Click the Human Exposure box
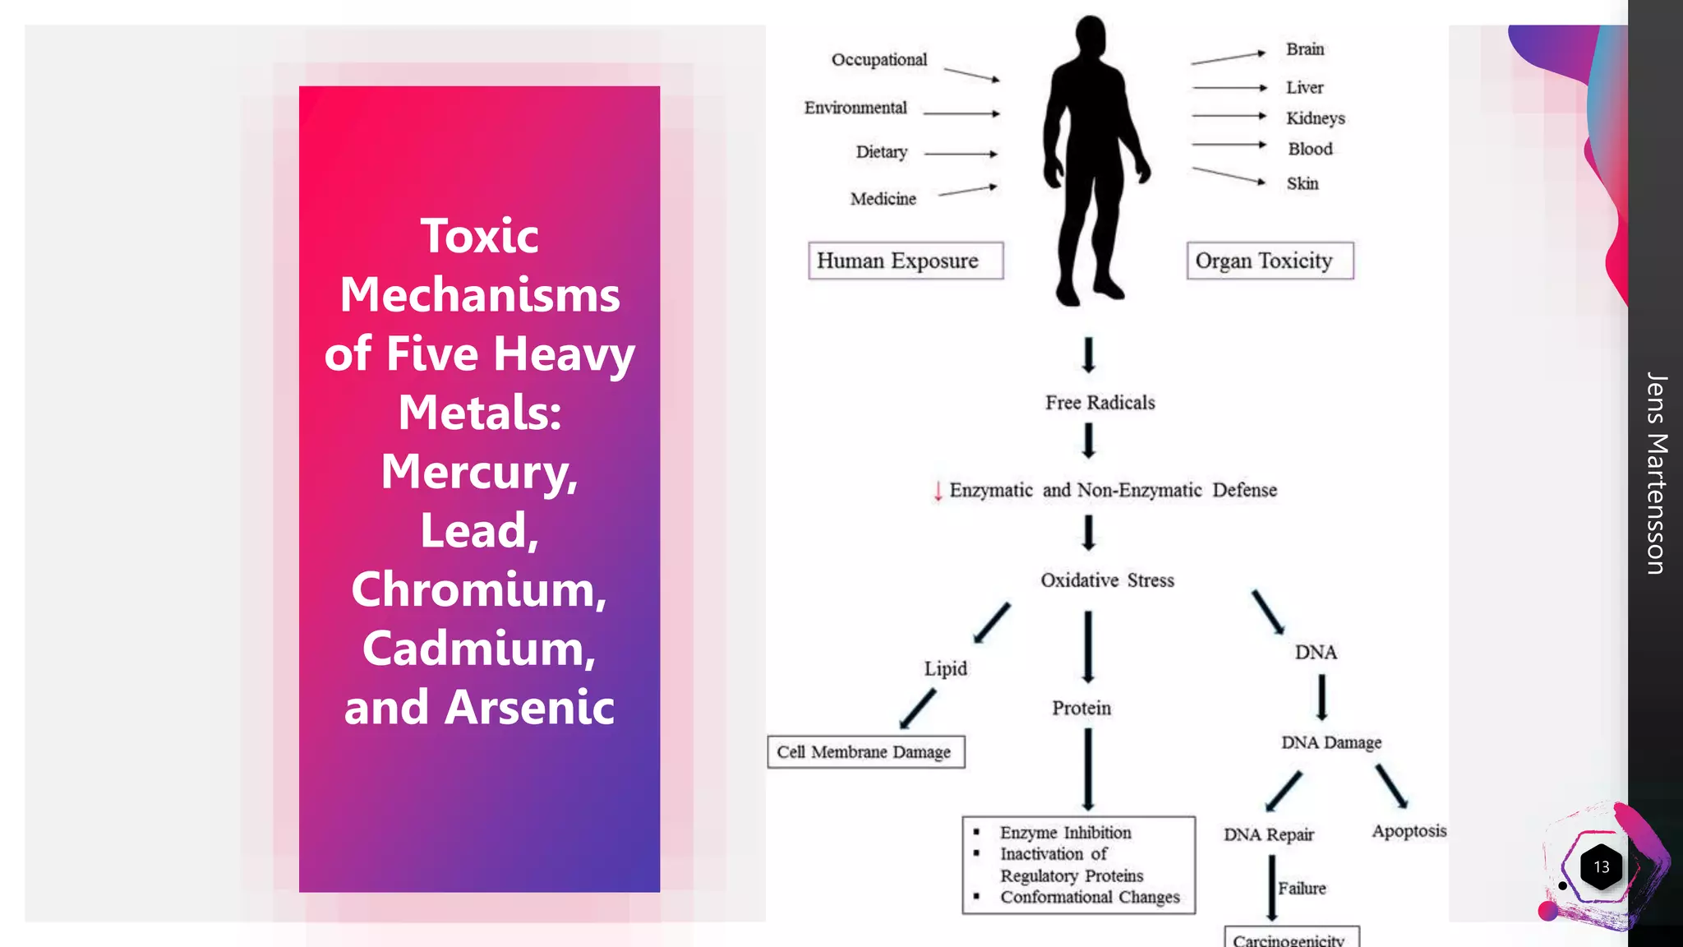905,261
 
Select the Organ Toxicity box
1269,261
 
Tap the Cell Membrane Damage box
865,752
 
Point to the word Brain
1305,49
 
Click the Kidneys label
1315,118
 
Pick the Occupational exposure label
878,60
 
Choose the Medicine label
883,199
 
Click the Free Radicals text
1100,403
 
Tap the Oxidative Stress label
1107,580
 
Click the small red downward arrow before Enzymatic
938,492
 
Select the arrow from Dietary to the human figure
960,154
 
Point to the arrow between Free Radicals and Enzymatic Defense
1088,441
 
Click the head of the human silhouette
1091,35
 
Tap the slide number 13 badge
1601,867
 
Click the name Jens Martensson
1657,473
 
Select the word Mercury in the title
478,472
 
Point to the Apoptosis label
1409,831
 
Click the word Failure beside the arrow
1302,889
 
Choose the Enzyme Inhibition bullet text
1065,833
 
